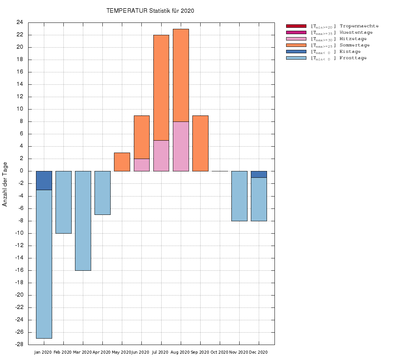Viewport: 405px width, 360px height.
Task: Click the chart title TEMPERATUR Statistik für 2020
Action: [150, 11]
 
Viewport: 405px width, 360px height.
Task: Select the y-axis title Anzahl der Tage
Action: [5, 184]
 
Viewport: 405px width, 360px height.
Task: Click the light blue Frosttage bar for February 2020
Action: [63, 202]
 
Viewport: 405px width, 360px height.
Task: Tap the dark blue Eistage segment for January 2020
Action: [44, 180]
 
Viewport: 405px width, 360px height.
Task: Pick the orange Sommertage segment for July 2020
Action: [161, 87]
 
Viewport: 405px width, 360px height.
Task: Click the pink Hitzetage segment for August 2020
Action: [181, 146]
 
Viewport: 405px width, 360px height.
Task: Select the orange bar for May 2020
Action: [122, 162]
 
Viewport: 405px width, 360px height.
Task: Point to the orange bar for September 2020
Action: [200, 143]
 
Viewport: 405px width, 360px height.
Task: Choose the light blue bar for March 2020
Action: [83, 220]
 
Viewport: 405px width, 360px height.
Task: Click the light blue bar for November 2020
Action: [239, 196]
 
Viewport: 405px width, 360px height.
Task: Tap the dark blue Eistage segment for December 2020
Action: [259, 174]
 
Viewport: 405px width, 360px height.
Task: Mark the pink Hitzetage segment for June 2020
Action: [141, 165]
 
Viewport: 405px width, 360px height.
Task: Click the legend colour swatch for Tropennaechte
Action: [296, 26]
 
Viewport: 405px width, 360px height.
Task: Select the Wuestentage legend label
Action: [356, 33]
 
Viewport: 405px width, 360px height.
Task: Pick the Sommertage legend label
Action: [354, 45]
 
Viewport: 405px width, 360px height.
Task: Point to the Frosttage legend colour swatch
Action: [296, 58]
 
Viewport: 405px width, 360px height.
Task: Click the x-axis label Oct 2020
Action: [219, 352]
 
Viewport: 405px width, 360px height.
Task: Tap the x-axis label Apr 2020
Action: [101, 352]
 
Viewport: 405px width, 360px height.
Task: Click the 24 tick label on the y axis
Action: [19, 22]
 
